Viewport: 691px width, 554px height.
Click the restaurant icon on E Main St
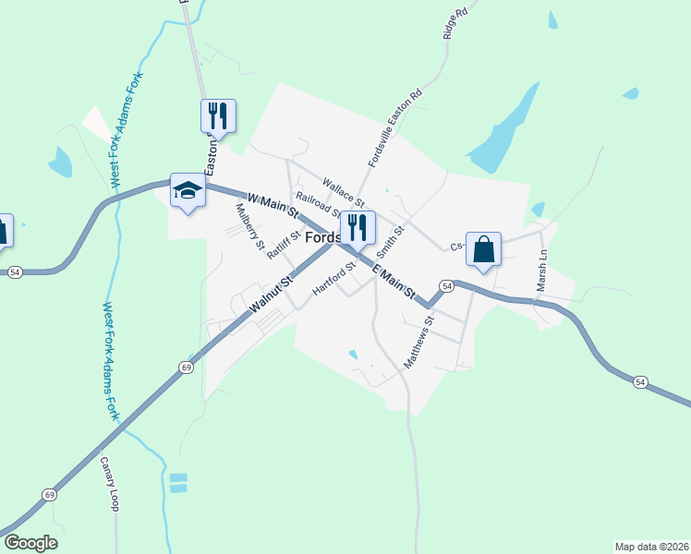357,226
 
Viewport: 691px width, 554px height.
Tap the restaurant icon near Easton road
218,115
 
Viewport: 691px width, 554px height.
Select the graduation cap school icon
188,191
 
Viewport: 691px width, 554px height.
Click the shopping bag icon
483,248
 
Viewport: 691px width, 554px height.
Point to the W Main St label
273,204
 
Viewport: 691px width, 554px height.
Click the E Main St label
394,281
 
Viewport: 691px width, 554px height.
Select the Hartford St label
334,279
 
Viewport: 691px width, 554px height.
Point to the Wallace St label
344,192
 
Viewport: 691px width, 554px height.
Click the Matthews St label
418,343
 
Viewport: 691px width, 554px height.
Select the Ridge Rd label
451,20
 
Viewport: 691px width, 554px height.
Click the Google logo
30,543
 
